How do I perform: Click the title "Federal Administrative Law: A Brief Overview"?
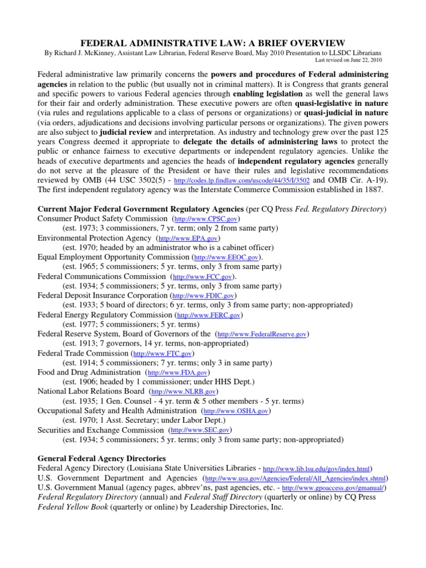[x=213, y=43]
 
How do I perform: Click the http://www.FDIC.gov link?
[x=199, y=296]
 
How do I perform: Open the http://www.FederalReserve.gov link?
[x=263, y=334]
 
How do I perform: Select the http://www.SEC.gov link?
[x=200, y=430]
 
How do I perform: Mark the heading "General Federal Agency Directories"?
[x=101, y=459]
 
